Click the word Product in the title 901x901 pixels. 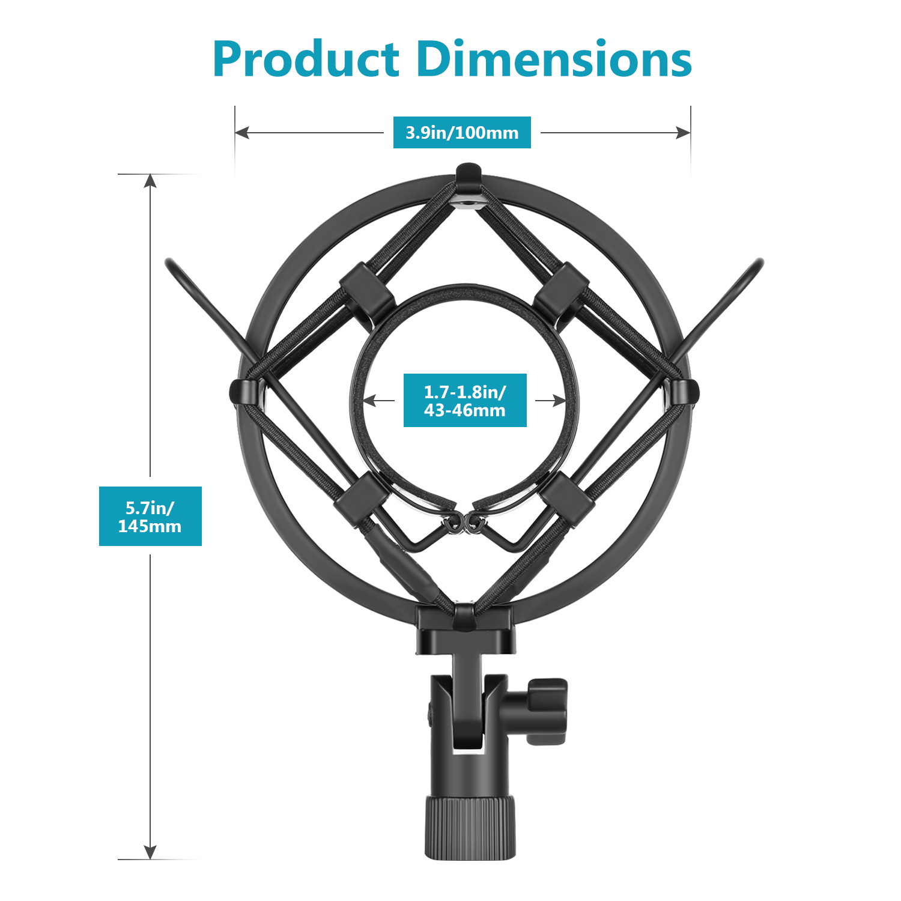click(306, 60)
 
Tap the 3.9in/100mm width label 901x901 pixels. click(462, 132)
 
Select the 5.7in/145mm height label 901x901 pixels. click(150, 517)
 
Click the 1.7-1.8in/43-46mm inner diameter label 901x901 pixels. click(465, 401)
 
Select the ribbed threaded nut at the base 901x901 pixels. click(470, 827)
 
